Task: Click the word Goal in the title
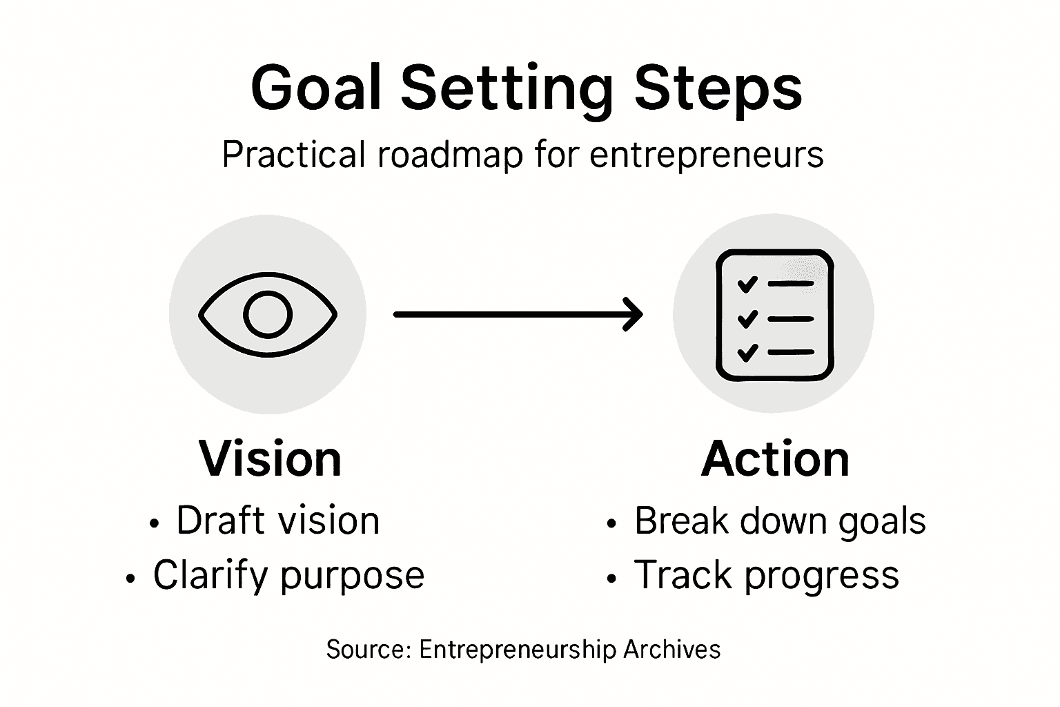click(316, 88)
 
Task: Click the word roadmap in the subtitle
click(450, 155)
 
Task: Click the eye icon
click(268, 314)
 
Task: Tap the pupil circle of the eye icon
click(268, 314)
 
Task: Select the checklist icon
click(774, 314)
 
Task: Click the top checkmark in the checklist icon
click(747, 284)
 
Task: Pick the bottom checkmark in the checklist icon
click(747, 353)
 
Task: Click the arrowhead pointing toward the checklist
click(634, 314)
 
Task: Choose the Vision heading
click(270, 459)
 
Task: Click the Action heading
click(775, 459)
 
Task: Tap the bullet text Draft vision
click(277, 521)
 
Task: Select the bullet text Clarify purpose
click(288, 575)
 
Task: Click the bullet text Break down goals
click(780, 521)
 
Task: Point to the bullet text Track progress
click(766, 575)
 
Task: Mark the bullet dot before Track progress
click(611, 579)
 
